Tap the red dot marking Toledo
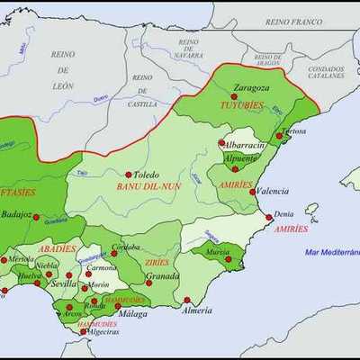pyautogui.click(x=129, y=175)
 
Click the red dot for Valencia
pyautogui.click(x=252, y=191)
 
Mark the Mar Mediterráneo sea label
pyautogui.click(x=331, y=253)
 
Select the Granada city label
pyautogui.click(x=163, y=276)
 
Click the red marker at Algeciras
pyautogui.click(x=84, y=332)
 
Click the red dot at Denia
pyautogui.click(x=268, y=217)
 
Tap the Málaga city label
pyautogui.click(x=133, y=313)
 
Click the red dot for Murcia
pyautogui.click(x=229, y=259)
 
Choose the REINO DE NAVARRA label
pyautogui.click(x=188, y=48)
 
